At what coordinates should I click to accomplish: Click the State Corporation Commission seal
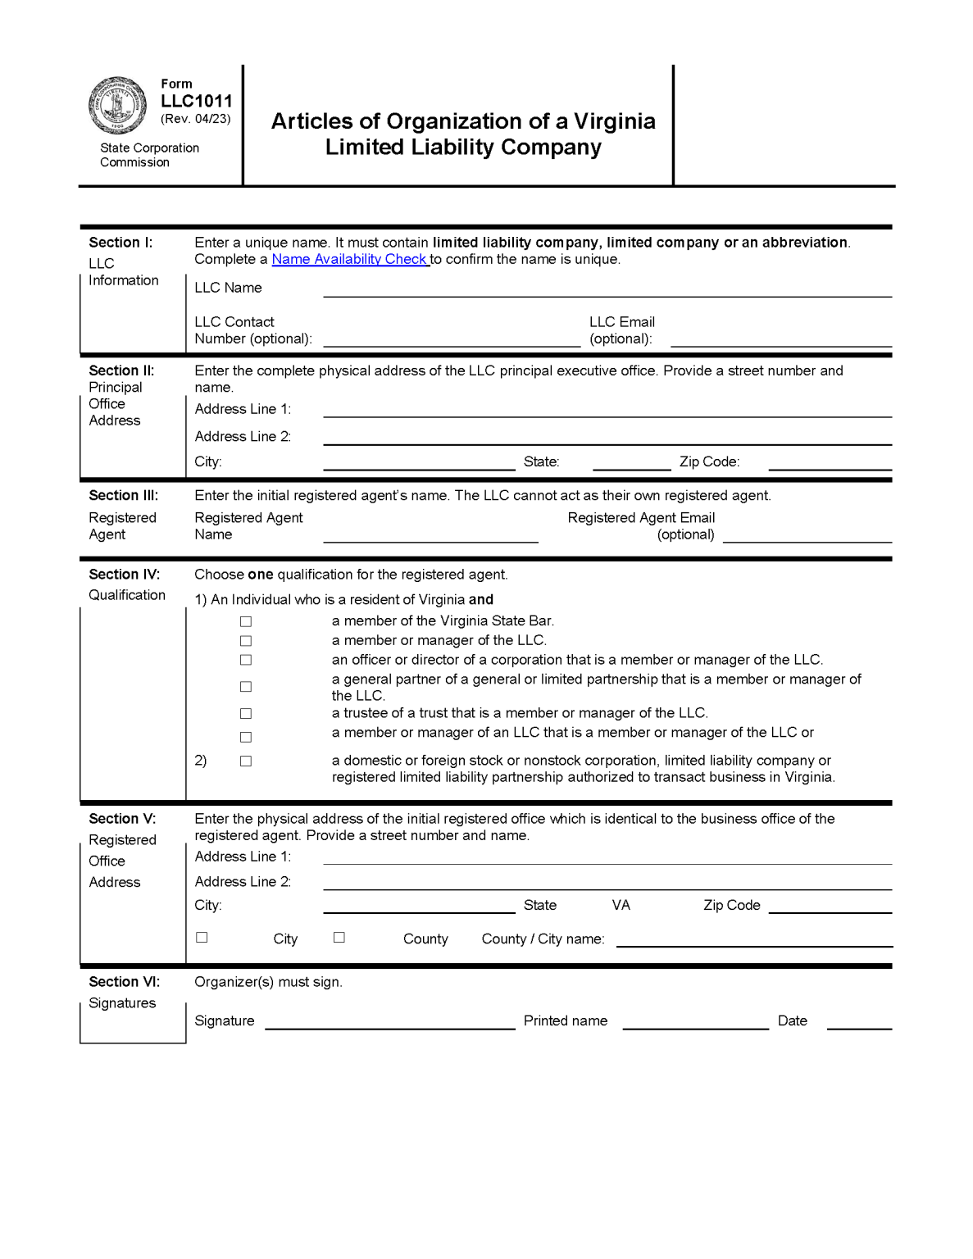click(117, 106)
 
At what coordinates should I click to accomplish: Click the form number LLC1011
click(197, 101)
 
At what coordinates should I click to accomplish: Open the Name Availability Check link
click(350, 259)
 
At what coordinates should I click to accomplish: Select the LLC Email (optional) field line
click(780, 340)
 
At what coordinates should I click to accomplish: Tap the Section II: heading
click(121, 370)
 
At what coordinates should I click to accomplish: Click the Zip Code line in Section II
click(830, 463)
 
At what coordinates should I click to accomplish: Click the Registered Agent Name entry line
click(430, 535)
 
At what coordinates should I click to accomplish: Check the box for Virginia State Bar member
click(246, 621)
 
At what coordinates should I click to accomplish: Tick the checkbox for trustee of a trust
click(246, 714)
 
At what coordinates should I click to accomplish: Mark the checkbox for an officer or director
click(246, 660)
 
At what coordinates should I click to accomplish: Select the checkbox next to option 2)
click(246, 761)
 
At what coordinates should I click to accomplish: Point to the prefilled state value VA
click(621, 905)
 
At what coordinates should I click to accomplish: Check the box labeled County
click(339, 937)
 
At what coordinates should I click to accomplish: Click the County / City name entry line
click(754, 940)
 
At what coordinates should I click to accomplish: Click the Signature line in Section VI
click(389, 1022)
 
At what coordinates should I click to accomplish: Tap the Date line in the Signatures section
click(859, 1022)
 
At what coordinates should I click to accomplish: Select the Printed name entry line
click(695, 1022)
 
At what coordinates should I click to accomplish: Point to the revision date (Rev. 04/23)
click(196, 119)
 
